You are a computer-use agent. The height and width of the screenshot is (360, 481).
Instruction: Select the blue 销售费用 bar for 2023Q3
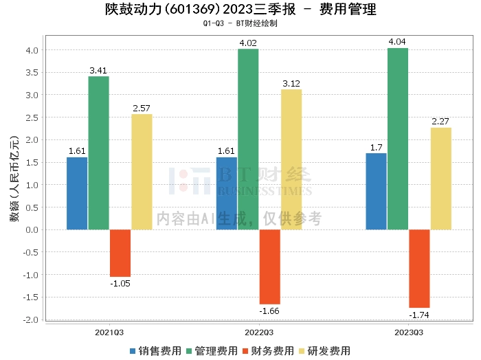coord(376,191)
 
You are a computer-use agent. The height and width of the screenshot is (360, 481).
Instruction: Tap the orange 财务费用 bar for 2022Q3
coord(269,267)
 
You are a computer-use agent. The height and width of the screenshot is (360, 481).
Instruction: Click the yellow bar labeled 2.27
coord(440,179)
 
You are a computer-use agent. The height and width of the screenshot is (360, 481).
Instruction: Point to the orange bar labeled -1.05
coord(120,253)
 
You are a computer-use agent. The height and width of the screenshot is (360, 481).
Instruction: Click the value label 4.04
coord(397,42)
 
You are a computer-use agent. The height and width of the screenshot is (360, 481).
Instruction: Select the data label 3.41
coord(98,70)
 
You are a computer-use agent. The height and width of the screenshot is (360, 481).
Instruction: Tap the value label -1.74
coord(418,315)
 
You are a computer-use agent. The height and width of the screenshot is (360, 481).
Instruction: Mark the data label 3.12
coord(291,83)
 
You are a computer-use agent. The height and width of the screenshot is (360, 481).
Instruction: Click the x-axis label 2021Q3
coord(109,332)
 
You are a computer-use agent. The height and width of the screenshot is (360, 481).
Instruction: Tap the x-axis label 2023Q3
coord(408,332)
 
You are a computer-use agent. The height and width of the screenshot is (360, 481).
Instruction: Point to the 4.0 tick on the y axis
coord(32,50)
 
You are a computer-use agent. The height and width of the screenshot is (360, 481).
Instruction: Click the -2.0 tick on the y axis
coord(30,320)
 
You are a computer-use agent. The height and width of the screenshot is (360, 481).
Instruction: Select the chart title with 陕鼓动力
coord(240,10)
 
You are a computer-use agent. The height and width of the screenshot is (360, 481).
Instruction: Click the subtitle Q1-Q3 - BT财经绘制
coord(240,23)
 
